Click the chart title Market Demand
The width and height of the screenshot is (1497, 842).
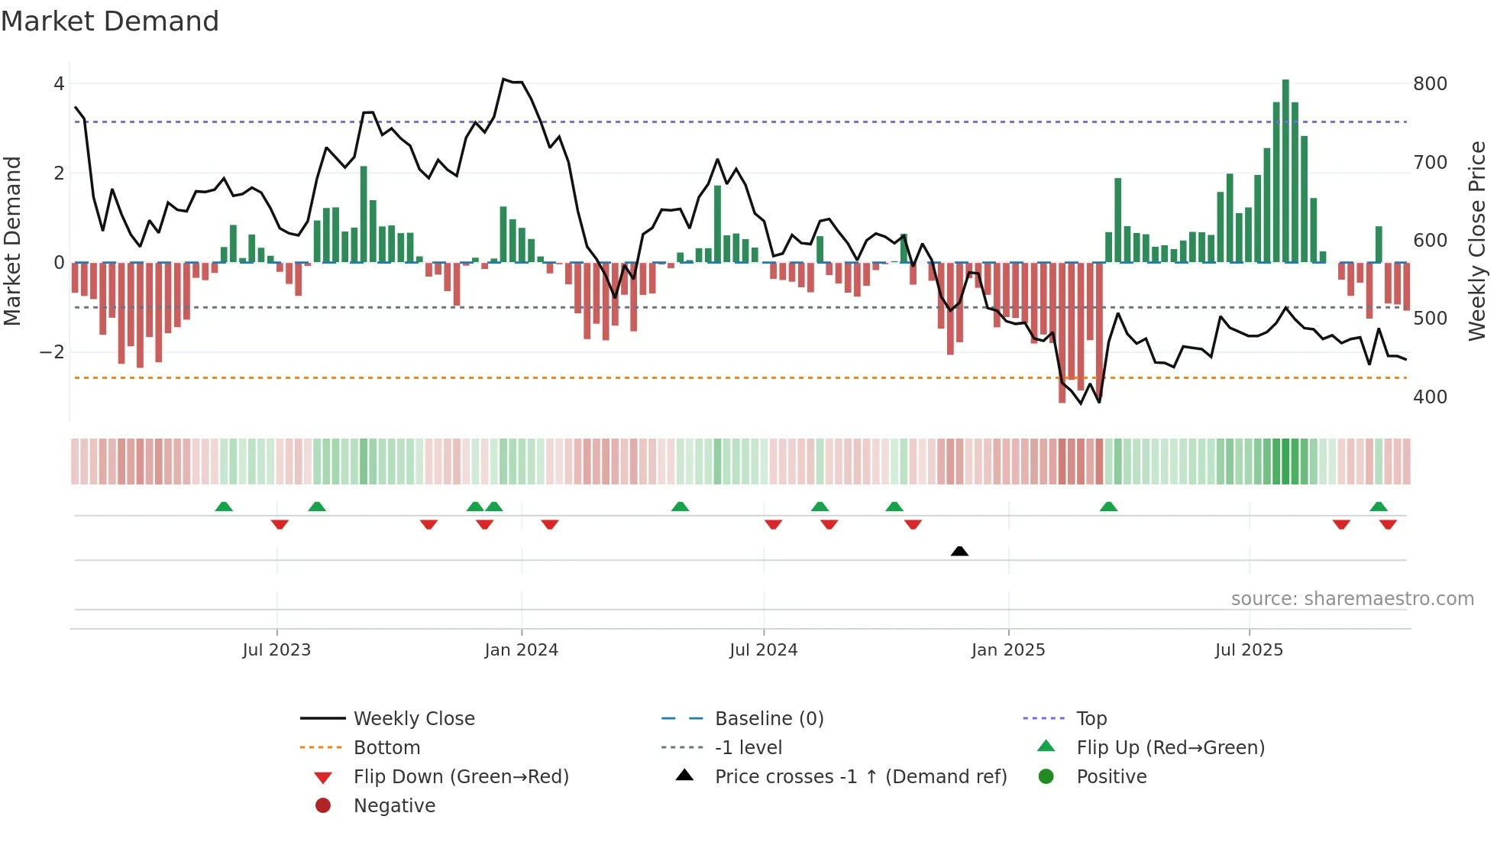(x=110, y=21)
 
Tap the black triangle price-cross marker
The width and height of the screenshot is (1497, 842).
(x=959, y=551)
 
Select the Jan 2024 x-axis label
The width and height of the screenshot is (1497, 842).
(x=521, y=650)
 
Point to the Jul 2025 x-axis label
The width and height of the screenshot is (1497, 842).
(x=1249, y=650)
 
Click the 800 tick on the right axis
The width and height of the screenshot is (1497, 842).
(x=1430, y=84)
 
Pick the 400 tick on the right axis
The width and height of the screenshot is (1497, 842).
(x=1430, y=397)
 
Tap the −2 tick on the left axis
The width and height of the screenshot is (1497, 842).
(x=52, y=352)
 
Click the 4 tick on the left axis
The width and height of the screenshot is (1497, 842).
(x=59, y=84)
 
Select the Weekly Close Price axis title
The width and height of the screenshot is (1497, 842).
(x=1477, y=241)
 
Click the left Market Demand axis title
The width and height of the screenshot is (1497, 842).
(x=12, y=241)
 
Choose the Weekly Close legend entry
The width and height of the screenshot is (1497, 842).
(x=413, y=719)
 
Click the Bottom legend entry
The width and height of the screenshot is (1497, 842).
(x=386, y=748)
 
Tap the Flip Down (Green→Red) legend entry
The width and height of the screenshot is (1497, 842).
(x=461, y=777)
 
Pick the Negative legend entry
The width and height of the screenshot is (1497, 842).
(x=394, y=806)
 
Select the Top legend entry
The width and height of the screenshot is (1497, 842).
(x=1091, y=719)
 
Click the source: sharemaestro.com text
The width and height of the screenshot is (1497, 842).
(x=1352, y=599)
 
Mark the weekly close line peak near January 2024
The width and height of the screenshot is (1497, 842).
(x=503, y=79)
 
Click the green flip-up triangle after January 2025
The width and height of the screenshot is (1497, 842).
(x=1108, y=507)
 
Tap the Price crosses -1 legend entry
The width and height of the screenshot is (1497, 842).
(x=860, y=777)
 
